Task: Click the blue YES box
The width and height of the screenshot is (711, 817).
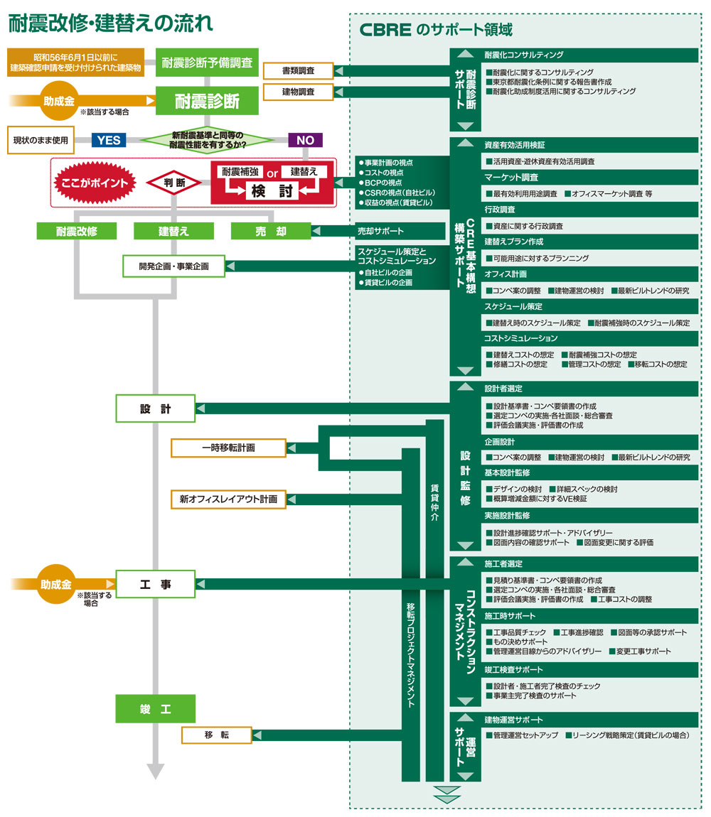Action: pos(109,140)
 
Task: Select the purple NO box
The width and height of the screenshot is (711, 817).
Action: pos(305,140)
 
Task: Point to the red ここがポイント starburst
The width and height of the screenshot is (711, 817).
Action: pos(95,183)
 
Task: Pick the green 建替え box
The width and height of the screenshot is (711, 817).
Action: pos(173,231)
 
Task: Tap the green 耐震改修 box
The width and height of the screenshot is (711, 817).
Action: pos(76,231)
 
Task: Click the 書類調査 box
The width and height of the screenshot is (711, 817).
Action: pos(299,71)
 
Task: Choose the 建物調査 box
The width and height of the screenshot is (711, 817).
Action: pos(299,92)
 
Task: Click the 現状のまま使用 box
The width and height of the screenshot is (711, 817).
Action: pos(41,140)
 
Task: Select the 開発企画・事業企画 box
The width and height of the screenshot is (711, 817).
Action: pos(173,266)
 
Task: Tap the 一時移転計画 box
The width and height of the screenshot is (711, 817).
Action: pos(228,448)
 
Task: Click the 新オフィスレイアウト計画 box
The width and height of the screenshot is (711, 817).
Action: pos(228,499)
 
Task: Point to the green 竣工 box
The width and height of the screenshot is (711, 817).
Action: pos(155,708)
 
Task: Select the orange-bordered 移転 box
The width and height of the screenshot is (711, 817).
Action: pos(216,735)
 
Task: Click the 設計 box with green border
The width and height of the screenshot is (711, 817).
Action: pos(155,408)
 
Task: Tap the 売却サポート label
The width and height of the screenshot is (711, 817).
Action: pos(380,231)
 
